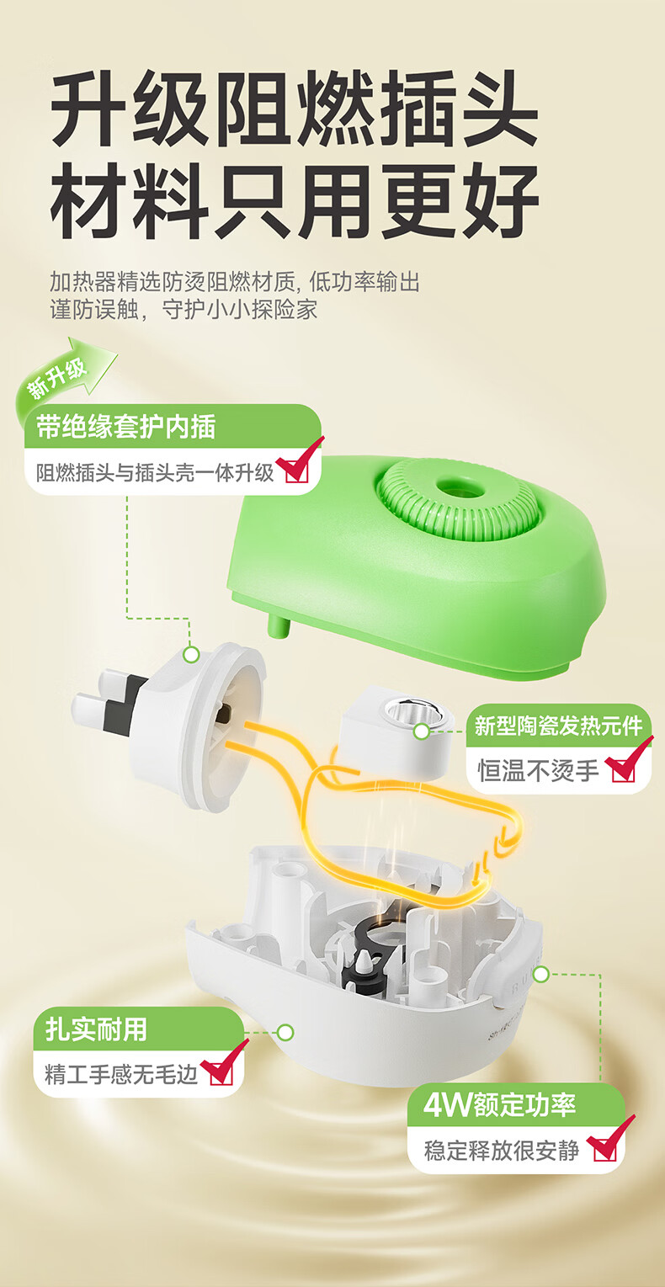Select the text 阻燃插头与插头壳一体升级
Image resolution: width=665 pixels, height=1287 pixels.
pyautogui.click(x=155, y=472)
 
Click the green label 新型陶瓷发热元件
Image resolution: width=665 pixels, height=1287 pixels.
pyautogui.click(x=558, y=726)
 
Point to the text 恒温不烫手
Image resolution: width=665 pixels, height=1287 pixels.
pyautogui.click(x=538, y=770)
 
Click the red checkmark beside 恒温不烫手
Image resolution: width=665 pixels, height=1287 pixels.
pyautogui.click(x=626, y=761)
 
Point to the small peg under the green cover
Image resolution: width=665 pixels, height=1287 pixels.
pyautogui.click(x=279, y=625)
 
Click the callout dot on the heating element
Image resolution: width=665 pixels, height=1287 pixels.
pyautogui.click(x=422, y=731)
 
